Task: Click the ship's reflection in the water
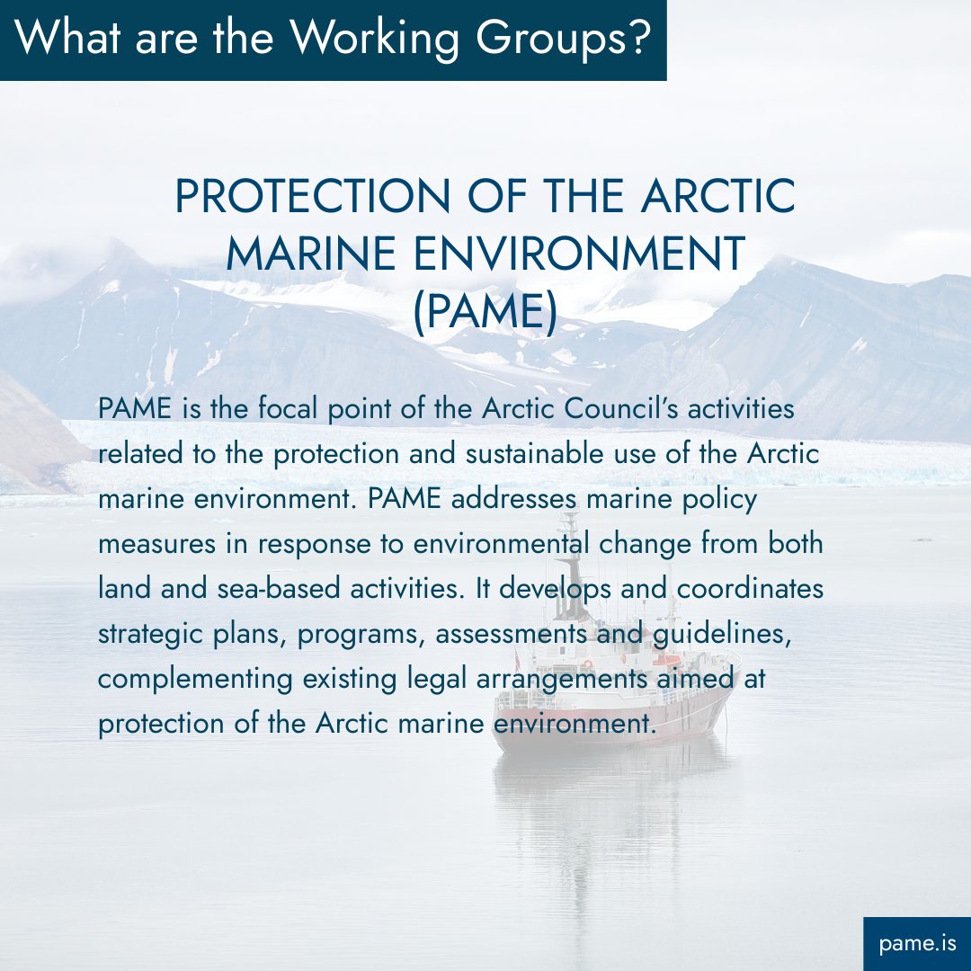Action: pyautogui.click(x=593, y=809)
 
